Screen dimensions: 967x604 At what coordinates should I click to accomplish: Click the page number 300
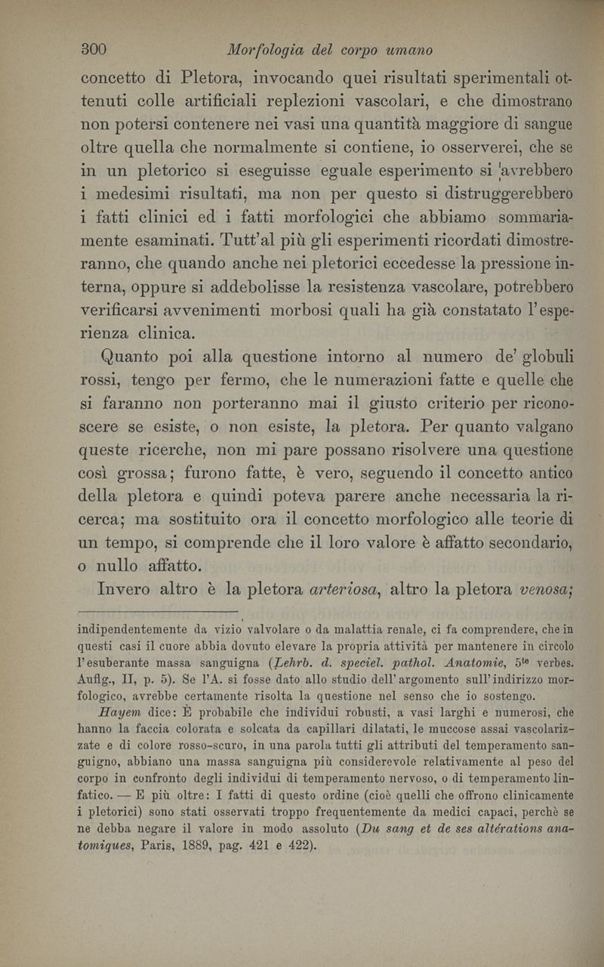coord(92,50)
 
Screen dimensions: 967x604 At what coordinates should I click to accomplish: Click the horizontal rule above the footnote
coord(159,609)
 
